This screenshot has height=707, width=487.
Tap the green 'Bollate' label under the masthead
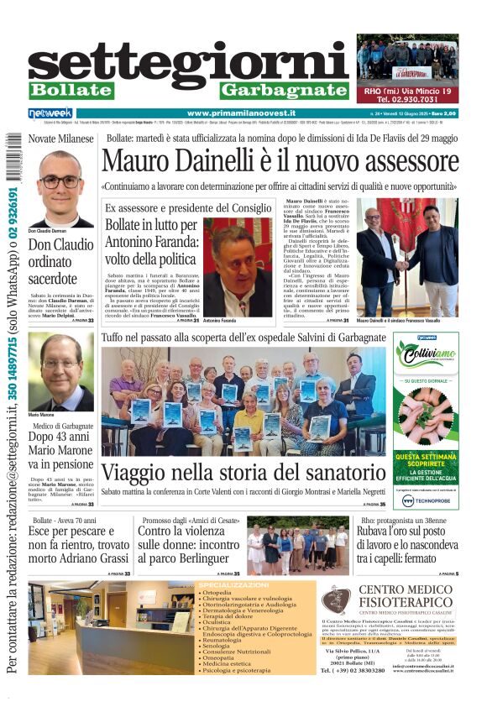(x=71, y=90)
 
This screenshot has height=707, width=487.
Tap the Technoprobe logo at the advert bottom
(x=426, y=500)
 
